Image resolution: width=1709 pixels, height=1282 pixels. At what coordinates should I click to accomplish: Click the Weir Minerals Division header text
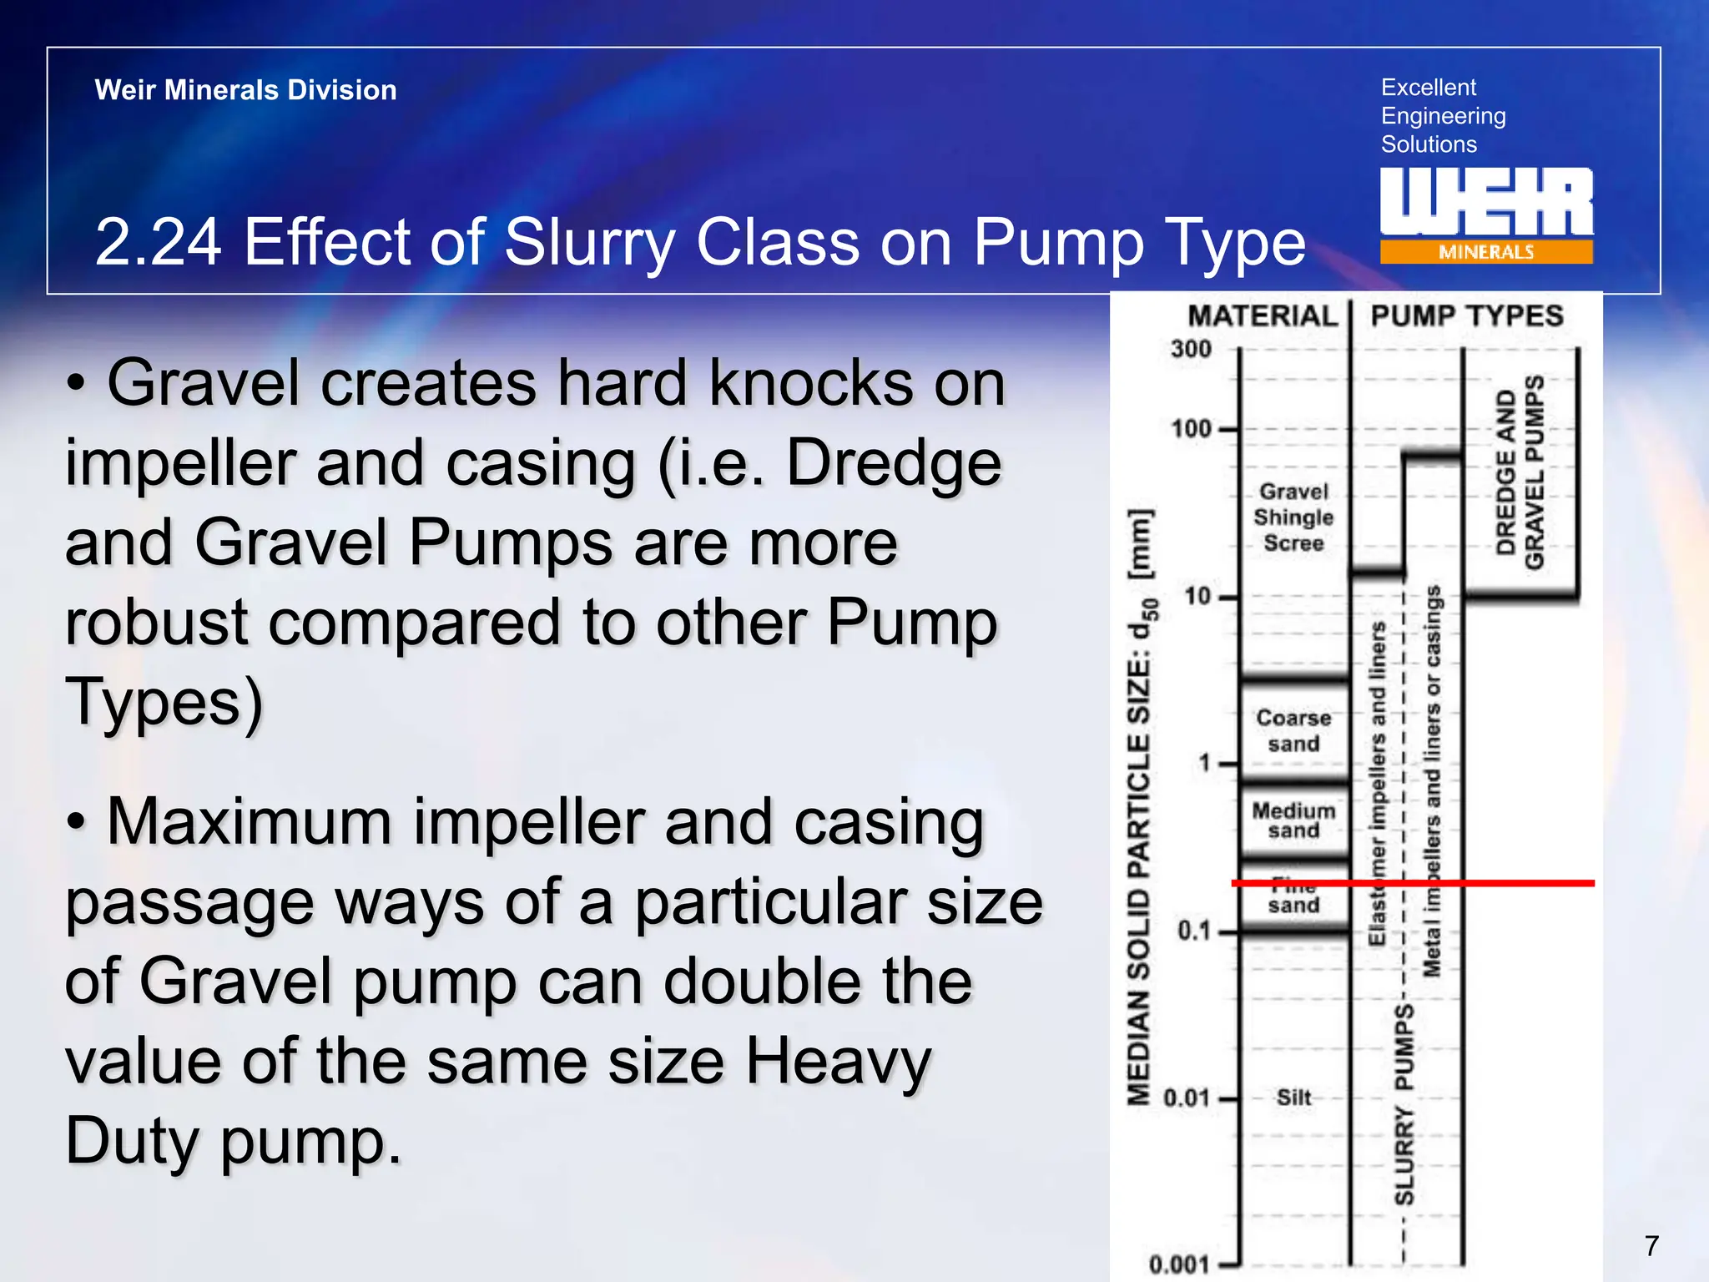click(x=245, y=90)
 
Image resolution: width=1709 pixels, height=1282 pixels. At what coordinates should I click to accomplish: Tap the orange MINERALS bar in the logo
click(x=1485, y=252)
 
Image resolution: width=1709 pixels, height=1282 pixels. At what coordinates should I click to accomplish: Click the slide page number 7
click(x=1651, y=1246)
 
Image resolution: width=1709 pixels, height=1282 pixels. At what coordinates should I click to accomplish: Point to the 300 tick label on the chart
click(x=1191, y=349)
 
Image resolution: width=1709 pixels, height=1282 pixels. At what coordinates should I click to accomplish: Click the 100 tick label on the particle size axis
click(x=1191, y=429)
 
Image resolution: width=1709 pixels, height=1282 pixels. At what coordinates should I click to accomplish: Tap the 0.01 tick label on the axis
click(x=1186, y=1098)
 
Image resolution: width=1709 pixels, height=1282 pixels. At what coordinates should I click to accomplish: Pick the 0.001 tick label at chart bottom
click(x=1179, y=1264)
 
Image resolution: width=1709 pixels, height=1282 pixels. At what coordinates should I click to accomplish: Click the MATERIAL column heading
click(x=1263, y=316)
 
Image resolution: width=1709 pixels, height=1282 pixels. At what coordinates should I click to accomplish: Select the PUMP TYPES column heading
click(x=1467, y=316)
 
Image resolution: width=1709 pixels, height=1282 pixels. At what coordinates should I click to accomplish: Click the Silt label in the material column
click(x=1293, y=1098)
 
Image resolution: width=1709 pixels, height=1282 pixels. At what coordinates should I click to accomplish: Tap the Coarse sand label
click(x=1293, y=730)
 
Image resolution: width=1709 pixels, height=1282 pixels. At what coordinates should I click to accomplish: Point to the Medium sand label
click(x=1293, y=820)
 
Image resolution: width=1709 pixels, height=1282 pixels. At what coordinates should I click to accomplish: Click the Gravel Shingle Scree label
click(x=1293, y=517)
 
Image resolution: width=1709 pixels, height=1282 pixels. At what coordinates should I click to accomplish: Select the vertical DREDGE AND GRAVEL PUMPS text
click(x=1520, y=472)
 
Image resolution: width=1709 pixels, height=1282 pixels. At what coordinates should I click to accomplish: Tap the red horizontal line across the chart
click(x=1502, y=882)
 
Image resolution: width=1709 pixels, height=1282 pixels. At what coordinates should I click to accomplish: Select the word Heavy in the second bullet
click(x=837, y=1061)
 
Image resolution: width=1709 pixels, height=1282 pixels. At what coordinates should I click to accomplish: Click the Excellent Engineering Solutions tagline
click(x=1443, y=116)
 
